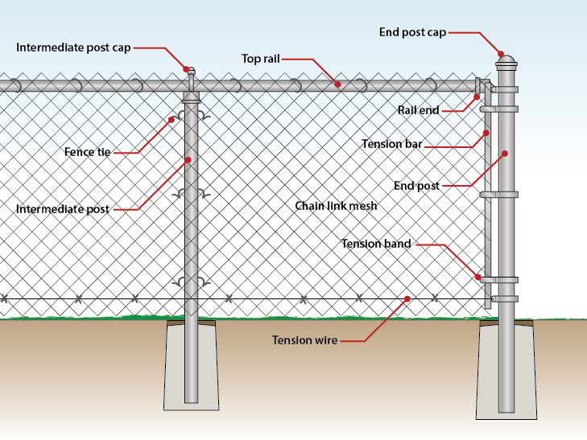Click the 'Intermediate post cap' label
point(73,47)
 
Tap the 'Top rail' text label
point(260,59)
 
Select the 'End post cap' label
point(412,32)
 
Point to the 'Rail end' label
point(418,109)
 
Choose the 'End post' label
point(416,186)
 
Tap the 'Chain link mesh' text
point(336,206)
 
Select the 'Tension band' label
point(376,243)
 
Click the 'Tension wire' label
point(304,340)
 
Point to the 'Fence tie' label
point(87,151)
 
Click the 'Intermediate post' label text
point(62,209)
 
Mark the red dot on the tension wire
point(407,298)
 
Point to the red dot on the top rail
point(338,83)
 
